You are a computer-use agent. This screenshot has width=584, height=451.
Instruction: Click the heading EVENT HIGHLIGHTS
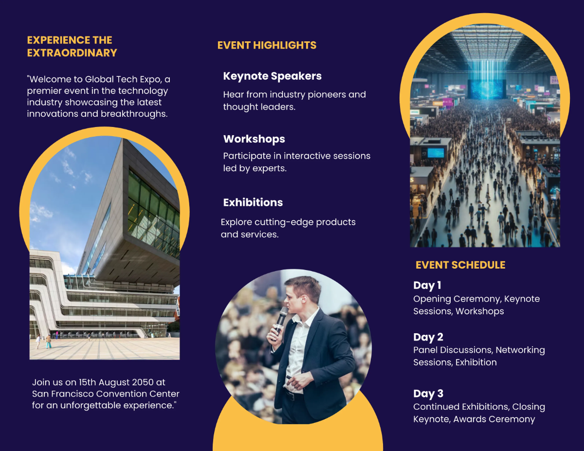coord(267,45)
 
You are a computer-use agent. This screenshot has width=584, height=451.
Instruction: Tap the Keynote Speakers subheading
coord(272,76)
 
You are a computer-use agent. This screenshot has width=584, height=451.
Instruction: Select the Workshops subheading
coord(254,139)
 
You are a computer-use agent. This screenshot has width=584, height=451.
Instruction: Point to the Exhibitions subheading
coord(253,202)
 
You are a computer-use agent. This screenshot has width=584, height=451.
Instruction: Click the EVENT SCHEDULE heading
coord(460,265)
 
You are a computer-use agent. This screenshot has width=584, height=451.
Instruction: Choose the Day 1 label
coord(427,286)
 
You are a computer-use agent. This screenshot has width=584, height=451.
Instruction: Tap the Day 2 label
coord(428,337)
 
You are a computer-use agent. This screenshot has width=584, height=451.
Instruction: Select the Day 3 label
coord(428,394)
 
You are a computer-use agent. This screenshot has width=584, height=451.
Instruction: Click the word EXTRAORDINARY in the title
coord(72,53)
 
